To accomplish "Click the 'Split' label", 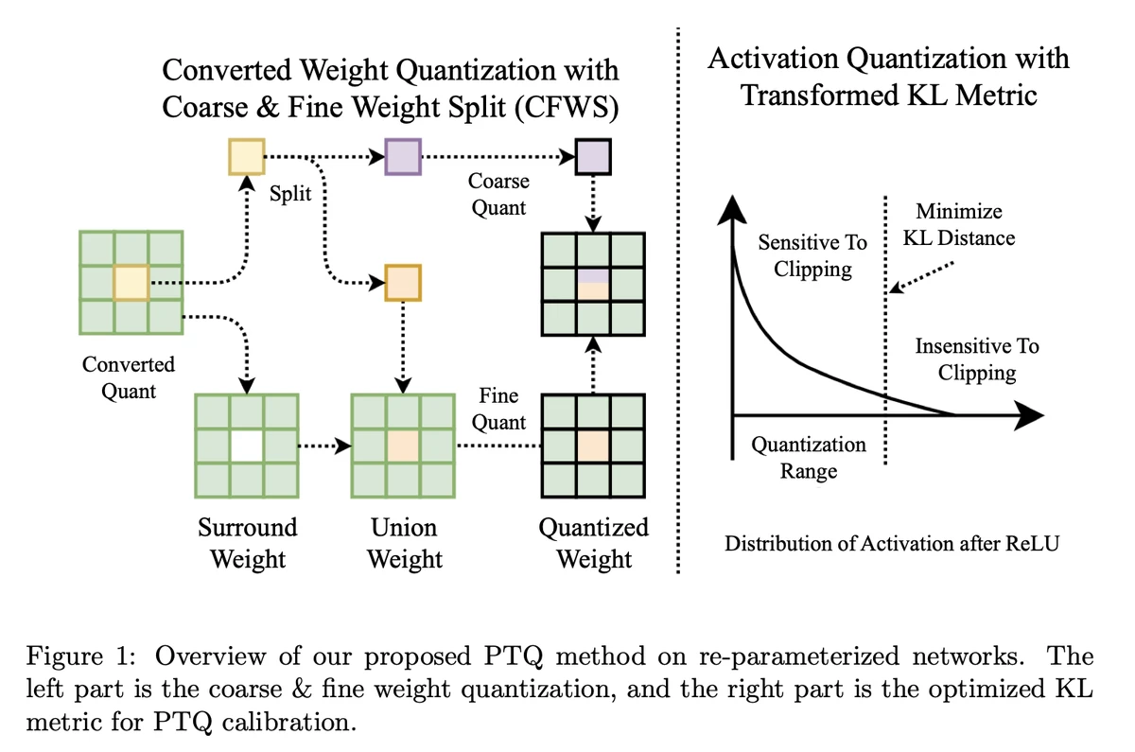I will tap(291, 193).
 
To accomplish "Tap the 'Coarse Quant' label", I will tap(498, 193).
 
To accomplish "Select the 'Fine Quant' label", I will tap(498, 409).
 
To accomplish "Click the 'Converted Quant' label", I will tap(129, 376).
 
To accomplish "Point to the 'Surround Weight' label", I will tap(247, 542).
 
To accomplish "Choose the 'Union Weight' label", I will tap(405, 542).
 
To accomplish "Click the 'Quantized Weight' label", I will tap(593, 542).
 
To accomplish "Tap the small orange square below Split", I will tap(404, 282).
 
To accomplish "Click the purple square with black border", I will tap(593, 157).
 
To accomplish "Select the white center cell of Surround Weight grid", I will tap(247, 446).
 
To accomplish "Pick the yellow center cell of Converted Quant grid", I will tap(131, 282).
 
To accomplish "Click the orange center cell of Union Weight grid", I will tap(404, 446).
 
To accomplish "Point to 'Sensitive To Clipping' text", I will tap(812, 255).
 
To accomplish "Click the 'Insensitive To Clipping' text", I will tap(977, 359).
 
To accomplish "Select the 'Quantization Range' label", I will tap(809, 457).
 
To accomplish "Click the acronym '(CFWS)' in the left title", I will tap(567, 106).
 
